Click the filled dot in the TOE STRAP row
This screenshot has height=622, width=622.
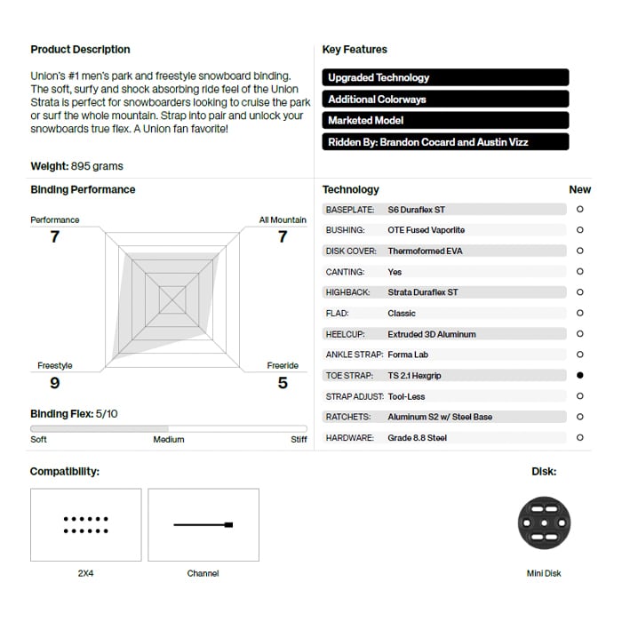580,376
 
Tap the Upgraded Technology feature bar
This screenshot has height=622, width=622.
445,77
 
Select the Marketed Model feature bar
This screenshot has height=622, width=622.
445,120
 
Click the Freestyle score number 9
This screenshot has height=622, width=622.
55,383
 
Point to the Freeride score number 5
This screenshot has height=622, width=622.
283,383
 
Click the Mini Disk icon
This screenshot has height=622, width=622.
543,523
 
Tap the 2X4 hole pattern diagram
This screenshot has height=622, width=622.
85,524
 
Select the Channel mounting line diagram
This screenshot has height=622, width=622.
203,524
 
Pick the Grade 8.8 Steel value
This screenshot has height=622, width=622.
418,438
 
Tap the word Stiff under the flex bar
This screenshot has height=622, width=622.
299,440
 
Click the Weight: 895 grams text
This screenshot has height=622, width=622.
77,166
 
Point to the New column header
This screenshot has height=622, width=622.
579,189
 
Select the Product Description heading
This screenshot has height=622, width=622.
80,50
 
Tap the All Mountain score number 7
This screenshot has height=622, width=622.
283,236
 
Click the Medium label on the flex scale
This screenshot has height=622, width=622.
169,440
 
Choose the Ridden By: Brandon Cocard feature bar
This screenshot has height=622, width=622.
445,141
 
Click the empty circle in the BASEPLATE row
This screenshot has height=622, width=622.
580,210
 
